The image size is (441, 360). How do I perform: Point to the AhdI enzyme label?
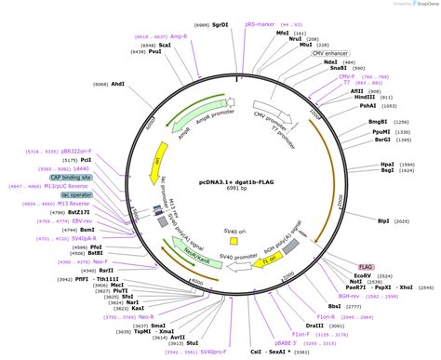pyautogui.click(x=118, y=84)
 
